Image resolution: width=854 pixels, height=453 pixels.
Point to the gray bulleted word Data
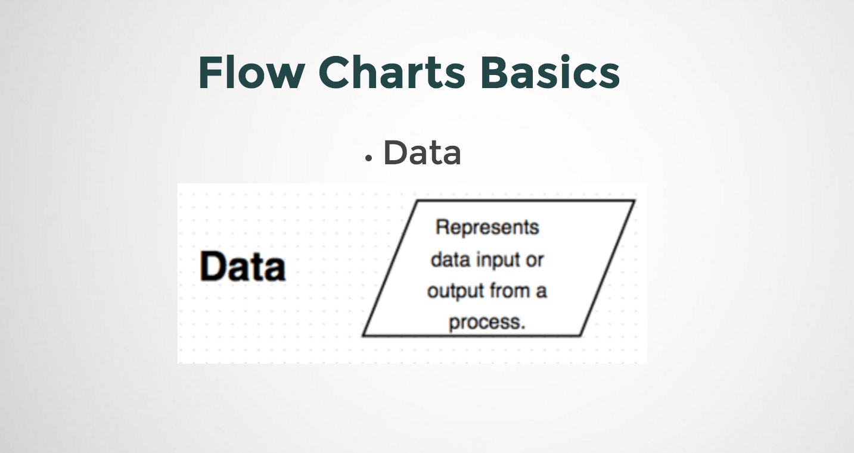[422, 152]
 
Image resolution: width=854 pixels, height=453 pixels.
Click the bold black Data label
[243, 266]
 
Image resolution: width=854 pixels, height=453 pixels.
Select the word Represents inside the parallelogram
[487, 227]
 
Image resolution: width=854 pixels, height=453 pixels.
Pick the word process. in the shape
[487, 323]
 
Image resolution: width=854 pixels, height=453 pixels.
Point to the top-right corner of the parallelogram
[634, 201]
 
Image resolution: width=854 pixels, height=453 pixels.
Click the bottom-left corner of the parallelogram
[363, 336]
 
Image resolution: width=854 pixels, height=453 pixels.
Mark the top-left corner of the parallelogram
[416, 201]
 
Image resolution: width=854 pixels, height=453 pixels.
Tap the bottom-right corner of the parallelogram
[580, 336]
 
